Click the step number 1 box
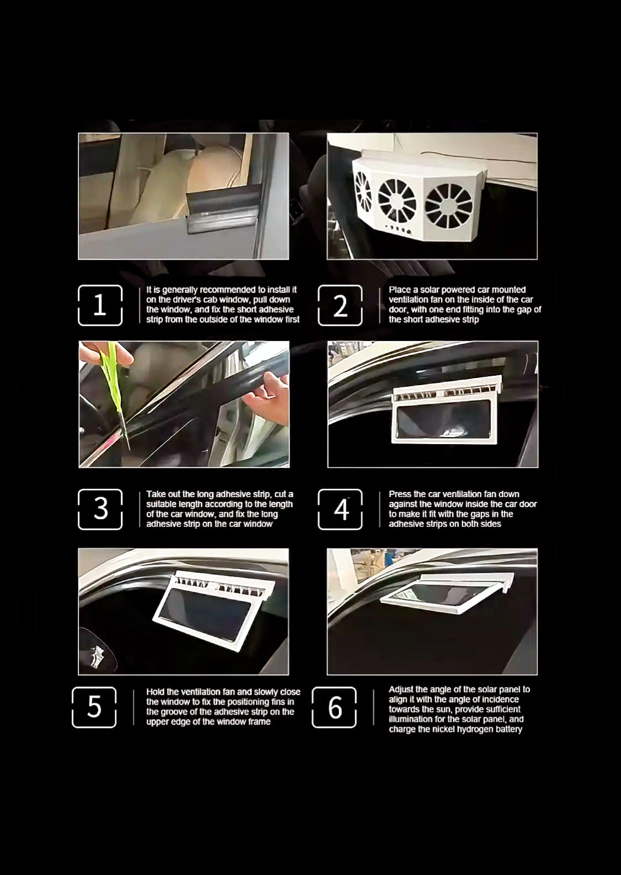point(100,305)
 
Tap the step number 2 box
point(340,305)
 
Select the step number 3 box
point(100,509)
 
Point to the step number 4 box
point(340,509)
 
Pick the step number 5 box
point(94,707)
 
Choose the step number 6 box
point(334,707)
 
